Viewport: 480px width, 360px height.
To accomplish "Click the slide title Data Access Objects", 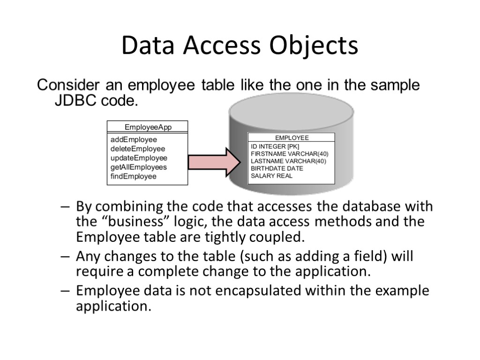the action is click(x=240, y=46).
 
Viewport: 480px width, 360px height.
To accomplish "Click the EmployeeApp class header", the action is click(x=148, y=127).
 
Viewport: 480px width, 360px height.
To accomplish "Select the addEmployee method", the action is click(x=134, y=140).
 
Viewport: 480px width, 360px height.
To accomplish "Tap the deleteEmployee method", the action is click(x=138, y=149).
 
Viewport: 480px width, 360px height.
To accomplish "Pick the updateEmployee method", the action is click(x=139, y=158).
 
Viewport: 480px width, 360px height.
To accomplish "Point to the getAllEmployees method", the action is click(x=138, y=167).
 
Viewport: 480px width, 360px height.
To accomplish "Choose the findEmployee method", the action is click(x=134, y=176).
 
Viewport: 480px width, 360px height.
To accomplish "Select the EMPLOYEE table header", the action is click(x=292, y=138).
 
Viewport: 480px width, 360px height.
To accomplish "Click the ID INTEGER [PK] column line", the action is click(x=275, y=147).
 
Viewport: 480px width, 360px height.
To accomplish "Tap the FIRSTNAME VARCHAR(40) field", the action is click(x=289, y=154).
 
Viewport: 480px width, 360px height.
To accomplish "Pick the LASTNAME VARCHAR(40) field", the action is click(x=288, y=161).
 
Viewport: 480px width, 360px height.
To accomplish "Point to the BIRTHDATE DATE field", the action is click(x=277, y=168).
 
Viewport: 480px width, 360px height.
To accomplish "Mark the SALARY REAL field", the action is click(x=271, y=176).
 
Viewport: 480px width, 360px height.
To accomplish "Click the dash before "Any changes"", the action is click(x=66, y=257).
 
